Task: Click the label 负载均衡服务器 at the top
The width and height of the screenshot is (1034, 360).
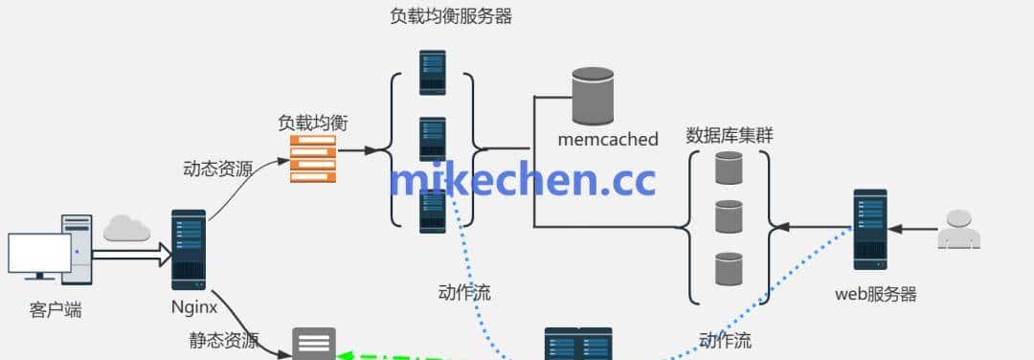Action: click(x=451, y=16)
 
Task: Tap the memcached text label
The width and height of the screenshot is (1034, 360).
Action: click(x=608, y=140)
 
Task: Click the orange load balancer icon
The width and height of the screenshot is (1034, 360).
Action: click(x=314, y=158)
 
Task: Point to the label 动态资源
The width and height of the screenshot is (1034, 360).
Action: click(x=217, y=169)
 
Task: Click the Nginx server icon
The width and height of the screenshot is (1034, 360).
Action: click(x=189, y=249)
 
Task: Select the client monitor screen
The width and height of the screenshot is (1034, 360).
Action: click(x=39, y=254)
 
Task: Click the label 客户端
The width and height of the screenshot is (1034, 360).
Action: click(x=56, y=309)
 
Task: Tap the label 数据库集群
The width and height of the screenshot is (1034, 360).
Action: click(x=730, y=135)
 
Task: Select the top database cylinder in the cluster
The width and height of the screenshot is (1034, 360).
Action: click(x=729, y=168)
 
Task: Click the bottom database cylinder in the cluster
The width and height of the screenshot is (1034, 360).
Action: click(x=729, y=268)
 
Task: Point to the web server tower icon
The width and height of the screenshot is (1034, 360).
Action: click(x=870, y=229)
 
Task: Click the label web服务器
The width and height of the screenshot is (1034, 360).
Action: click(x=876, y=294)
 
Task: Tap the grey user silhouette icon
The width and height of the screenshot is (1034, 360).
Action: click(x=958, y=230)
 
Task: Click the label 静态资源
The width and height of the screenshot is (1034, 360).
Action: click(x=224, y=340)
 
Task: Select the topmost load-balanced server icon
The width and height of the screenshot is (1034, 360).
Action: click(x=432, y=72)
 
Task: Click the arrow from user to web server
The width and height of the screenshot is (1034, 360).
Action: click(x=914, y=229)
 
